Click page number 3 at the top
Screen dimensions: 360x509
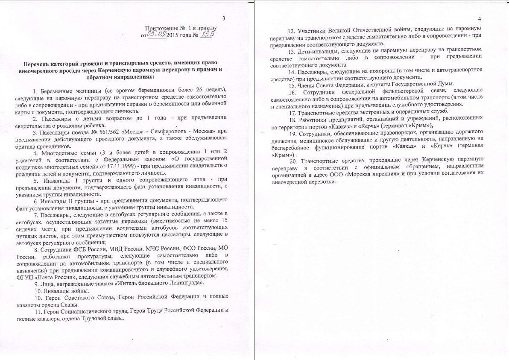(224, 18)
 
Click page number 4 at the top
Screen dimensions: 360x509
(480, 19)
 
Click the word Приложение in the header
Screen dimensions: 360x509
(162, 28)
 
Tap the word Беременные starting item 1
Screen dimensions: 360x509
(58, 91)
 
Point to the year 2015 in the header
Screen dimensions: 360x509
(173, 35)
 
